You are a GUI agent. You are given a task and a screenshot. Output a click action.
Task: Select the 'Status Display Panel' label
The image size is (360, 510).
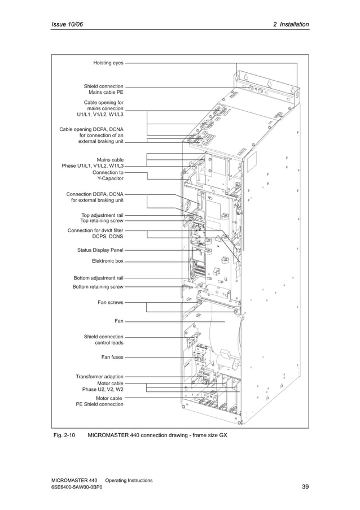100,250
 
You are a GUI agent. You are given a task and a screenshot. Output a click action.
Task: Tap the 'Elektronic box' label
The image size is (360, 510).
107,261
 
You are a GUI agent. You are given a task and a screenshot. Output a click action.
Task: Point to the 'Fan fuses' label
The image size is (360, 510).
112,357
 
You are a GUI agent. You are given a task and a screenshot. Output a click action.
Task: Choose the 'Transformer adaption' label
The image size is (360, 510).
99,376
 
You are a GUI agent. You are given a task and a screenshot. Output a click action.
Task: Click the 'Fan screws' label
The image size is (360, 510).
110,303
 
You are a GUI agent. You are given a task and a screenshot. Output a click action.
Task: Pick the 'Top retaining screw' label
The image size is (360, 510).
102,221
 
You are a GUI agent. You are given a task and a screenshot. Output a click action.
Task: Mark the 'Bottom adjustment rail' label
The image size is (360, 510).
98,278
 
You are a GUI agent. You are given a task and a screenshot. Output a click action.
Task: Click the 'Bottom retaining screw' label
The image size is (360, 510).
98,287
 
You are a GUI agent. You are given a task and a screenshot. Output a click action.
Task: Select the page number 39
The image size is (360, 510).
305,487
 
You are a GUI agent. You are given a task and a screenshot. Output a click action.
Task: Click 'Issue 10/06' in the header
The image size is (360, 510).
67,24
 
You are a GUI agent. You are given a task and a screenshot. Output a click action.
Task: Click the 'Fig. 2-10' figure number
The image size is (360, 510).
63,435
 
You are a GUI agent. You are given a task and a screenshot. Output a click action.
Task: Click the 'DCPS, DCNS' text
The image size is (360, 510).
107,237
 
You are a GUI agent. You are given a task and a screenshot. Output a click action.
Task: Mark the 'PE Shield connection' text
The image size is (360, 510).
99,404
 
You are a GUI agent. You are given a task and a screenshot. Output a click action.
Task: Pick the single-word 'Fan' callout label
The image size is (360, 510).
118,321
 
